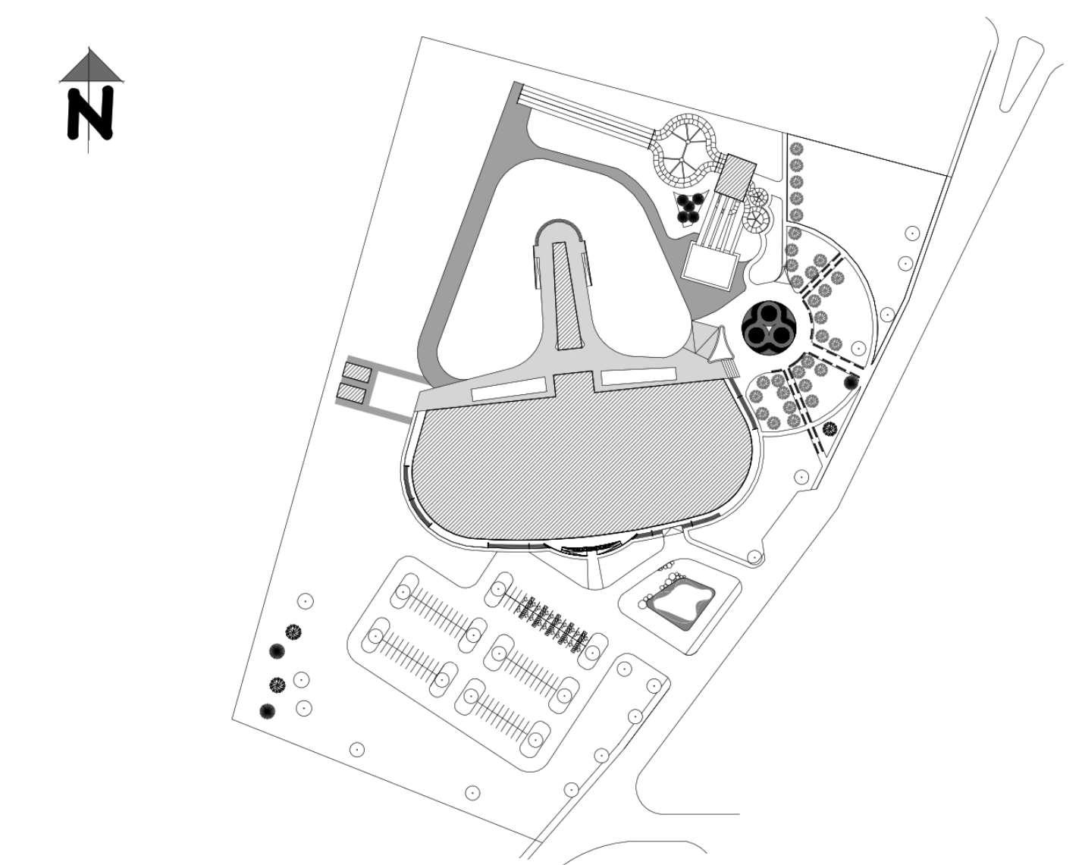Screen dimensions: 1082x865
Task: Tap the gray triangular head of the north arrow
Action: [91, 68]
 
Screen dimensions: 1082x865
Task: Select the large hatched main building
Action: [580, 462]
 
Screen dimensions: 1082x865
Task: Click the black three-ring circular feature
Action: [767, 328]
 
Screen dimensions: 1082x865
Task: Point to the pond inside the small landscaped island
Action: [681, 603]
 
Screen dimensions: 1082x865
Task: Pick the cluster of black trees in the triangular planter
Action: [690, 207]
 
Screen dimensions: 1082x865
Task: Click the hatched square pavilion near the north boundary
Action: [735, 176]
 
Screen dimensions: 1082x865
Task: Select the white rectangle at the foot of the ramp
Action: [710, 267]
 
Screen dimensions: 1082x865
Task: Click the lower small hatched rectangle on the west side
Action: [353, 393]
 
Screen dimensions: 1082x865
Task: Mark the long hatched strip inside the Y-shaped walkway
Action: [565, 296]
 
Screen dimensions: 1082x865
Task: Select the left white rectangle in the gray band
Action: [509, 390]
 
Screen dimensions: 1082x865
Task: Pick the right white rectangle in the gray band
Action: [638, 375]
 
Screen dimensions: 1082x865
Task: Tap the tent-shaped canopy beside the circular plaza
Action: [712, 343]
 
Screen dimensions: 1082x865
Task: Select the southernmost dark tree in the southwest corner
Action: [267, 711]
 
